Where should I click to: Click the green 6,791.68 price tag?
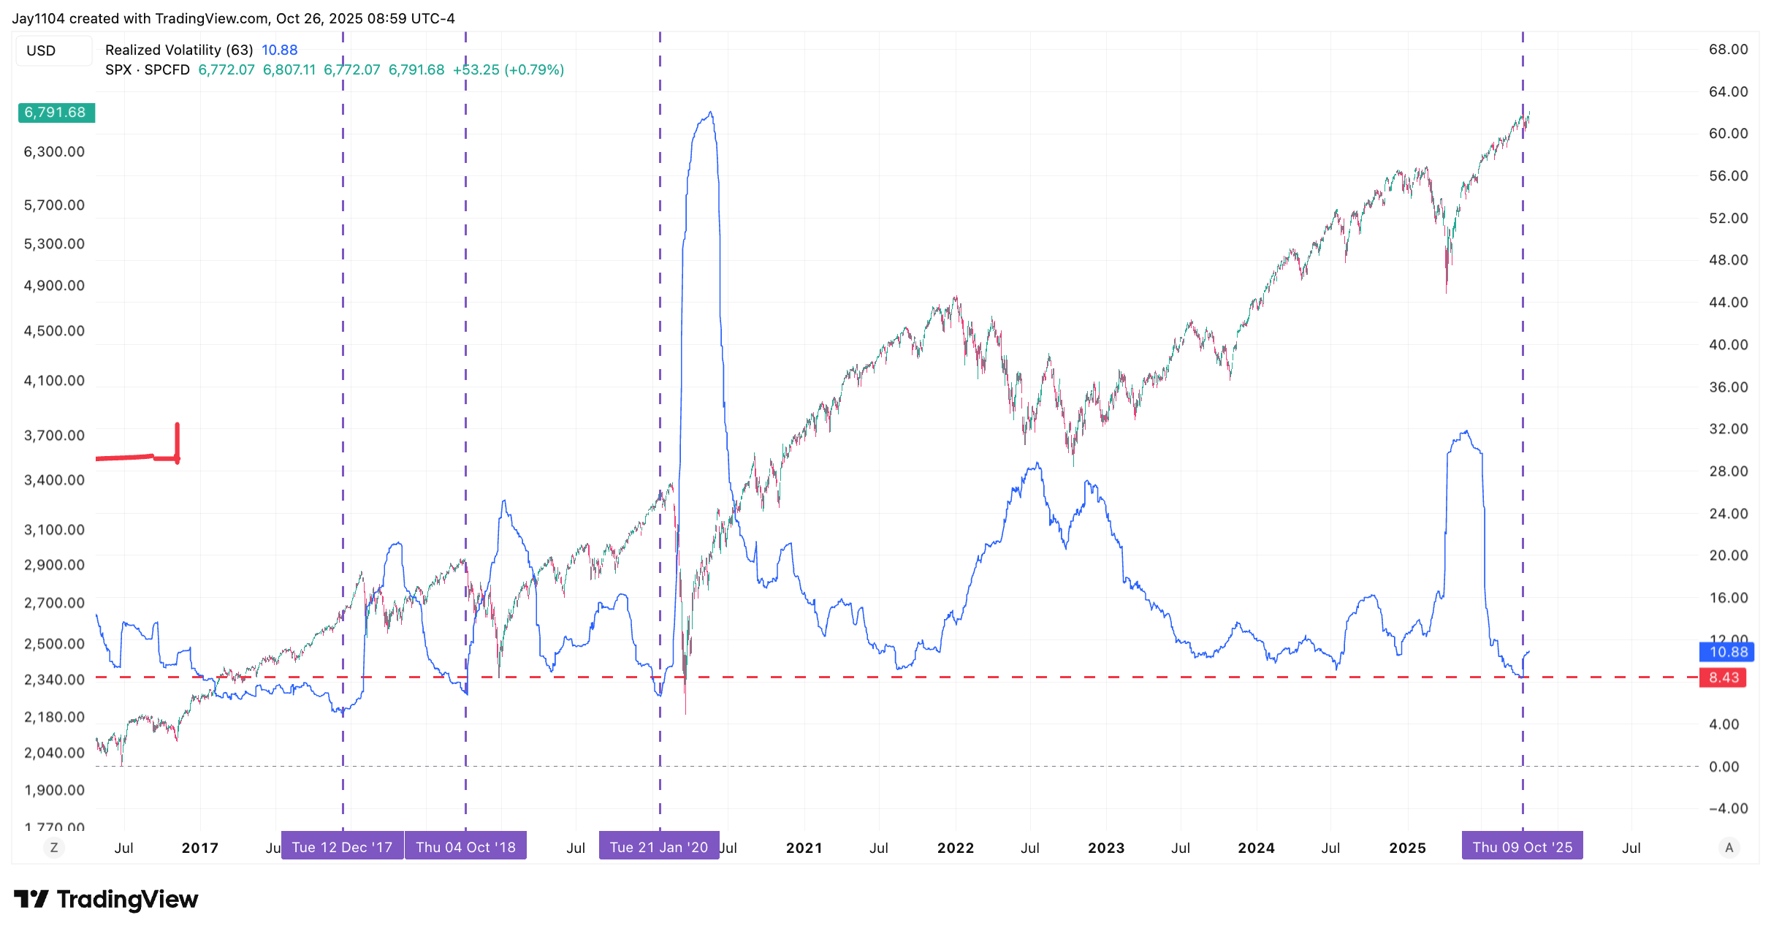click(x=56, y=113)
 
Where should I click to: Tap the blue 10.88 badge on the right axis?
click(x=1728, y=652)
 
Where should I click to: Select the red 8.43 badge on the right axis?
click(x=1724, y=677)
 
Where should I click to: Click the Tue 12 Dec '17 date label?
click(x=342, y=847)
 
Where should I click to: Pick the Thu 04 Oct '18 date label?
click(x=465, y=847)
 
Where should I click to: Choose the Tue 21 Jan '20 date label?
click(x=658, y=847)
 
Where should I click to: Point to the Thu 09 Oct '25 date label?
click(x=1522, y=847)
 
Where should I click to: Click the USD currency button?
click(x=42, y=51)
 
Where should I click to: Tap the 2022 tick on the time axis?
click(x=955, y=848)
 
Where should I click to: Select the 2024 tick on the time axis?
click(x=1256, y=848)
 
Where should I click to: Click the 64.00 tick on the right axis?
click(x=1728, y=92)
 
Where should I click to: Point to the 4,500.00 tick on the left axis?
click(x=54, y=331)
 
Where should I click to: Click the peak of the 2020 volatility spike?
click(x=710, y=113)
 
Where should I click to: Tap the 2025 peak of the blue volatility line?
click(x=1466, y=431)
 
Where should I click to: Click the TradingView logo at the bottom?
click(x=106, y=899)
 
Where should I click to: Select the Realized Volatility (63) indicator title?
click(x=179, y=50)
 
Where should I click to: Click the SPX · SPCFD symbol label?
click(x=147, y=70)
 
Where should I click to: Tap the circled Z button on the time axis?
click(x=53, y=848)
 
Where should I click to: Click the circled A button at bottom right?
click(x=1729, y=848)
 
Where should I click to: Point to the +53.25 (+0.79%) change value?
click(x=509, y=70)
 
